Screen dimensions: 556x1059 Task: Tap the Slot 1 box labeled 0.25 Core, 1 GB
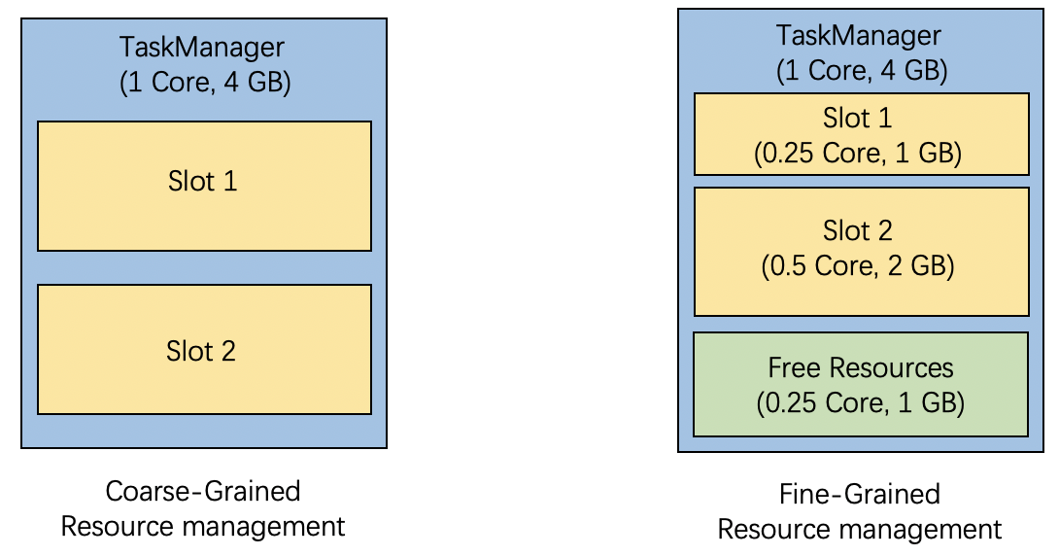(861, 134)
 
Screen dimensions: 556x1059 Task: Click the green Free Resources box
(860, 384)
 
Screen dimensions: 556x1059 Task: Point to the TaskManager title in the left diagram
(202, 47)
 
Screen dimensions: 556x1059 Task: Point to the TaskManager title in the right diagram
(859, 36)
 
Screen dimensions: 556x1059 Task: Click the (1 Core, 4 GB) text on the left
(204, 83)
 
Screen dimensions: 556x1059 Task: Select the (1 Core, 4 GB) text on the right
(860, 71)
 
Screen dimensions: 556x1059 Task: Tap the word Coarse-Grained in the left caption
(203, 491)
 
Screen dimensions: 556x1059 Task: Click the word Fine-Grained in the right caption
(860, 494)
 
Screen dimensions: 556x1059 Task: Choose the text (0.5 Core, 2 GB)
(860, 265)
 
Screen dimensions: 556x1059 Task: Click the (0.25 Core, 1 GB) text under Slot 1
(860, 154)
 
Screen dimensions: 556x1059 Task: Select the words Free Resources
(860, 367)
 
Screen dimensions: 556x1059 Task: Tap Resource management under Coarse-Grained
(203, 527)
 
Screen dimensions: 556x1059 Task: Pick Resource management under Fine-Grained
(860, 530)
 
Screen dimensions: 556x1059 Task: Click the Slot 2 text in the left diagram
(201, 350)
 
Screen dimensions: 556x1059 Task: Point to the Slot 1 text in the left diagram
(202, 181)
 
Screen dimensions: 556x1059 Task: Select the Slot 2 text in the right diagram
(858, 230)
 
